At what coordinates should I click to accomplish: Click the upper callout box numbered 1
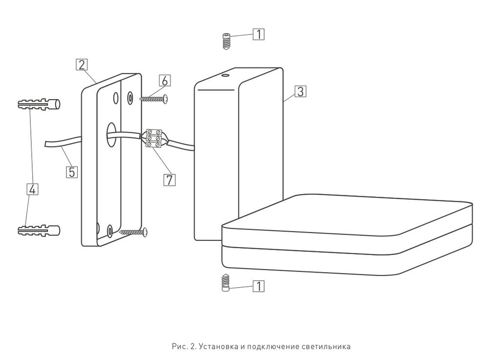pyautogui.click(x=259, y=34)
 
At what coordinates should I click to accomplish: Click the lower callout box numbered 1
pyautogui.click(x=259, y=286)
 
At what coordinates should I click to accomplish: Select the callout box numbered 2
pyautogui.click(x=82, y=65)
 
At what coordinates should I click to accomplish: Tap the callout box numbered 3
pyautogui.click(x=300, y=91)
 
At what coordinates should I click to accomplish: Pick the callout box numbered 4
pyautogui.click(x=32, y=189)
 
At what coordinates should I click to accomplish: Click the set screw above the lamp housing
pyautogui.click(x=226, y=41)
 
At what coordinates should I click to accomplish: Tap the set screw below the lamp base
pyautogui.click(x=226, y=283)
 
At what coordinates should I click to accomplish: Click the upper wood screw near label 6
pyautogui.click(x=154, y=99)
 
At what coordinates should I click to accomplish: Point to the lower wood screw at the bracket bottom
pyautogui.click(x=133, y=232)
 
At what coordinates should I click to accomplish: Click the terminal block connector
pyautogui.click(x=154, y=138)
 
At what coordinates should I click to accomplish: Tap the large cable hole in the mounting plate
pyautogui.click(x=112, y=134)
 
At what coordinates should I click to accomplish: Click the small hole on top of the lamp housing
pyautogui.click(x=225, y=76)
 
